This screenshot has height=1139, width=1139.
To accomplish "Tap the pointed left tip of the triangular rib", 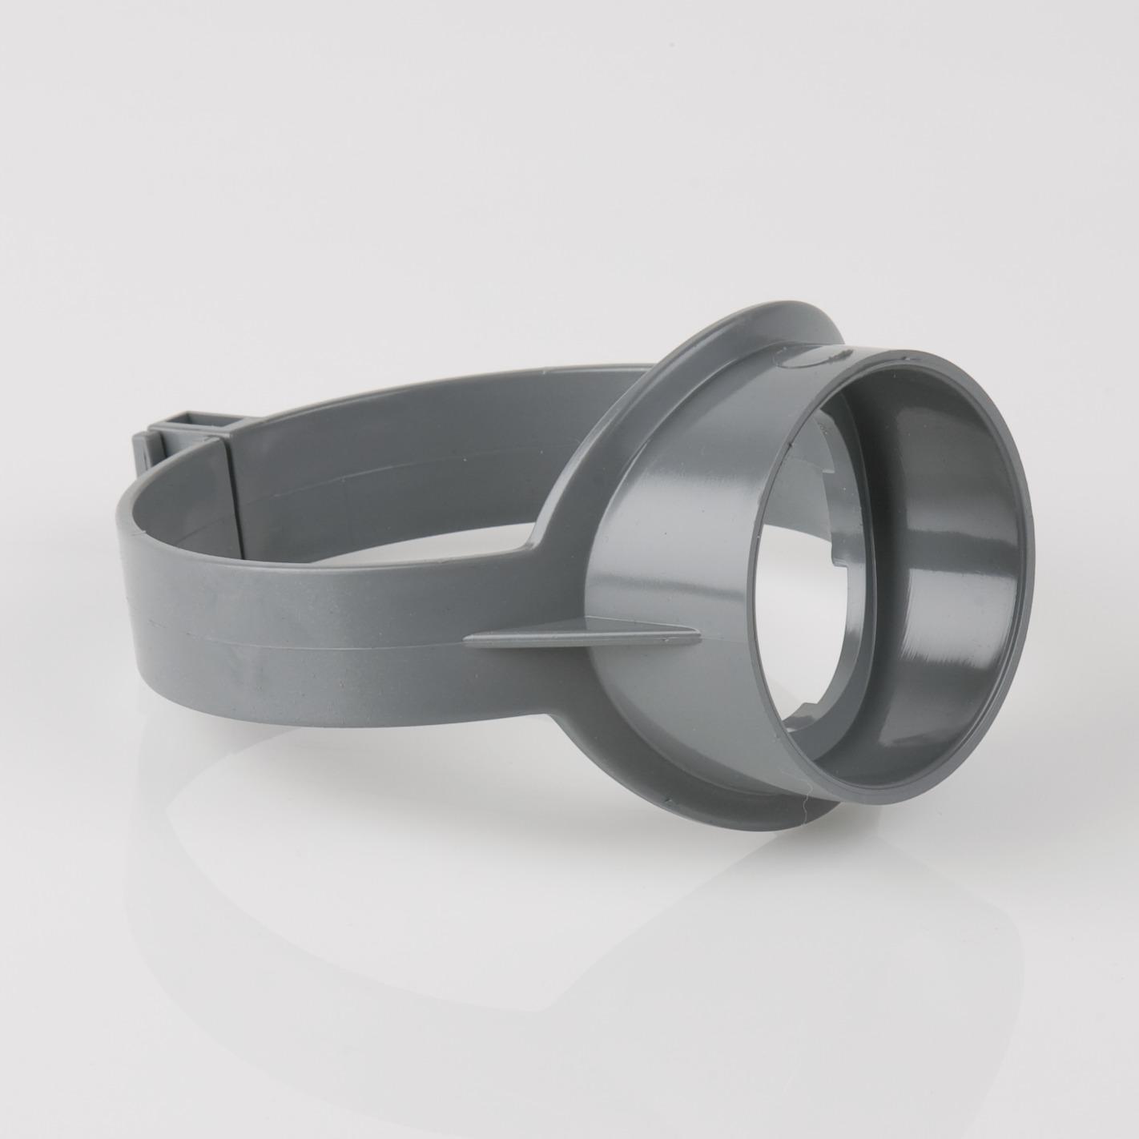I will click(x=469, y=638).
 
